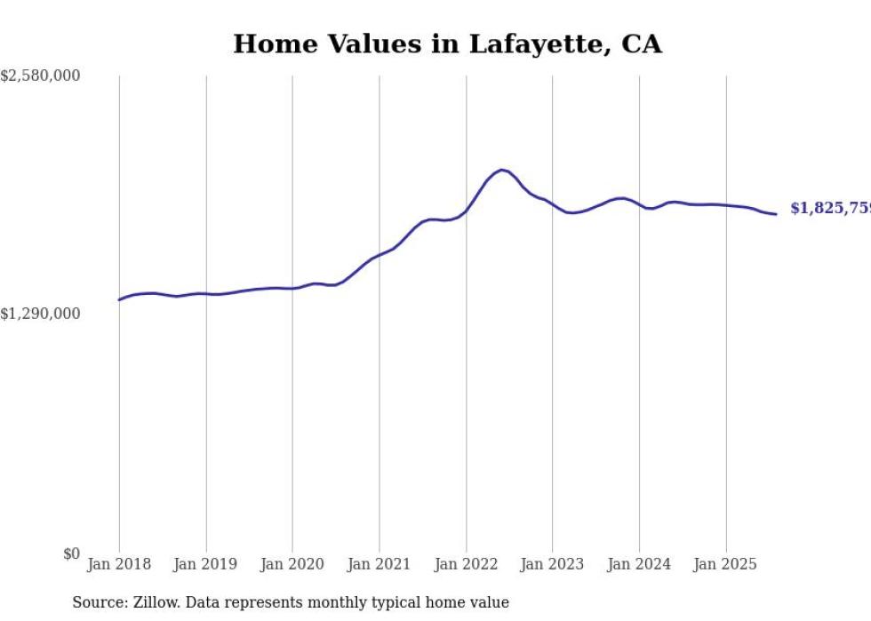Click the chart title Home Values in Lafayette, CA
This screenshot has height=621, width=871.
point(447,44)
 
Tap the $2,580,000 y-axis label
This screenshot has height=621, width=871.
point(40,76)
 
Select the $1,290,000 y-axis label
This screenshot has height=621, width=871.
point(40,314)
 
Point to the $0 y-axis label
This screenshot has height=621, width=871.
point(71,553)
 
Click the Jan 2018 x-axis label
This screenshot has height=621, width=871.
point(119,564)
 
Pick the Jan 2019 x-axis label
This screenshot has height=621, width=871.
point(206,564)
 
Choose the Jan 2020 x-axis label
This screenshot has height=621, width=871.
point(292,564)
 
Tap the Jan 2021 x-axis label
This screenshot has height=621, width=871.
point(380,564)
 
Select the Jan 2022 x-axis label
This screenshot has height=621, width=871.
point(466,564)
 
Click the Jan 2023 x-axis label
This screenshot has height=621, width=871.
point(552,564)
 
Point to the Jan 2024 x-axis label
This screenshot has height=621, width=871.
point(639,564)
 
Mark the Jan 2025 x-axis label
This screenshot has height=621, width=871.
point(726,564)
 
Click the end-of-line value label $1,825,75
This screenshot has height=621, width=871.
point(830,208)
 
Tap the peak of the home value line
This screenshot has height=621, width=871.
point(502,170)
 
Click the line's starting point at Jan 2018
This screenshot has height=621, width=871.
point(119,299)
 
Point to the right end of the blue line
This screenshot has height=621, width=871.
point(776,214)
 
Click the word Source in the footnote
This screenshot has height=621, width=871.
point(96,602)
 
